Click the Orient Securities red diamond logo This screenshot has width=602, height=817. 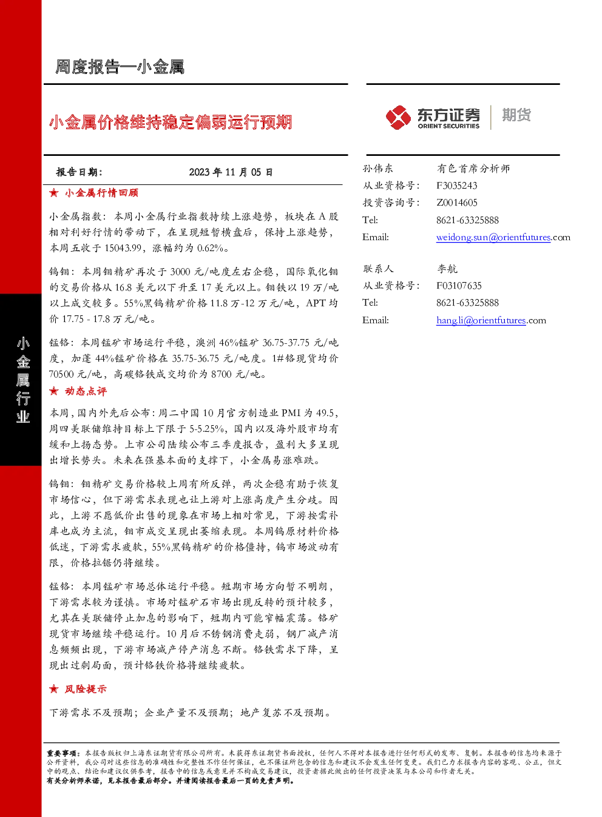coord(398,117)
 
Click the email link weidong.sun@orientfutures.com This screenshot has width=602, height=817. coord(503,237)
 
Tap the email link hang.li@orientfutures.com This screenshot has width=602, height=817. coord(491,320)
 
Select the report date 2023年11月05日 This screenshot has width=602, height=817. coord(231,172)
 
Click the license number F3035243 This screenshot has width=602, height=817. coord(457,186)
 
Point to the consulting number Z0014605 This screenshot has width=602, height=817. coord(457,203)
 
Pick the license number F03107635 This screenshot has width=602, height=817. coord(459,286)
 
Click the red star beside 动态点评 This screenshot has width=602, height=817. coord(54,391)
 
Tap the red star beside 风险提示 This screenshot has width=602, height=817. coord(54,689)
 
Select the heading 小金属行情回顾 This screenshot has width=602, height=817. coord(101,193)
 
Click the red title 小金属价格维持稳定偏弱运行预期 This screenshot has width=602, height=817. coord(171,122)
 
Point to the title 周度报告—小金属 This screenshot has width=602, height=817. coord(120,67)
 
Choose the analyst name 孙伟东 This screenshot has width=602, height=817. coord(377,169)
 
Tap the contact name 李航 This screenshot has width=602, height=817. coord(447,269)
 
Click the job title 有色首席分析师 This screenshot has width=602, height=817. coord(473,169)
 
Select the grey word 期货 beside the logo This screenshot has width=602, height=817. coord(516,115)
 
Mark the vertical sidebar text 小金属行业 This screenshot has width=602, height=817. coord(23,380)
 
